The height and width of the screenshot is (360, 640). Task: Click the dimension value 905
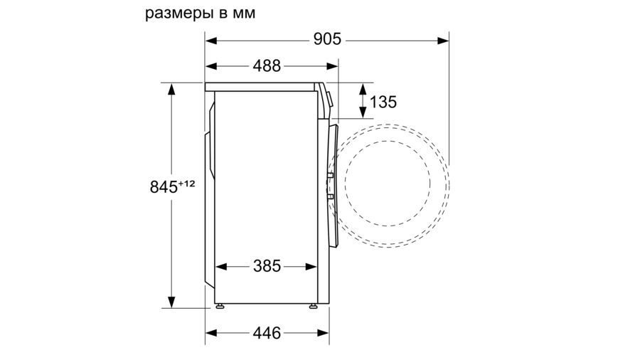pyautogui.click(x=327, y=39)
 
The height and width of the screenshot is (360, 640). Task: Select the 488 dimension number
pyautogui.click(x=267, y=65)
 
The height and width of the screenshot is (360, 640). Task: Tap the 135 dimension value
pyautogui.click(x=383, y=102)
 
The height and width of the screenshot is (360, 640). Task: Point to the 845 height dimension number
pyautogui.click(x=164, y=187)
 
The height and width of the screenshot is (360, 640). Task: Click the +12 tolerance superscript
pyautogui.click(x=186, y=184)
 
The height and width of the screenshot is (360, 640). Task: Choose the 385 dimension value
pyautogui.click(x=267, y=266)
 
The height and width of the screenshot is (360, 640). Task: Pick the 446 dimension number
pyautogui.click(x=267, y=333)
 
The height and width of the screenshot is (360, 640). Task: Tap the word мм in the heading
pyautogui.click(x=244, y=14)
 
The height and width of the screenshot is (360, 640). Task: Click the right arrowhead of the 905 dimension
pyautogui.click(x=443, y=41)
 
